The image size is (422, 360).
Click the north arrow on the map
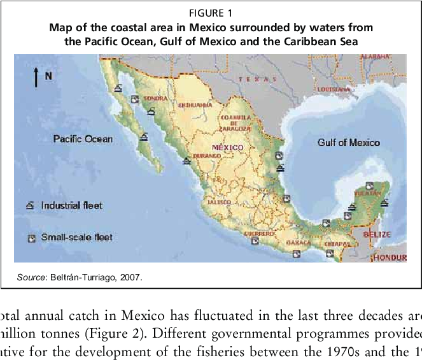pos(36,76)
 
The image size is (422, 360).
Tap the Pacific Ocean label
pos(83,139)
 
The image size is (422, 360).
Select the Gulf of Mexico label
pos(348,143)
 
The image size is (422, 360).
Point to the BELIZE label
pos(376,234)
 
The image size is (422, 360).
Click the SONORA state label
pos(155,99)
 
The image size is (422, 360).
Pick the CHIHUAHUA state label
pos(195,104)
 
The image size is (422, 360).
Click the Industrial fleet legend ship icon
pos(30,206)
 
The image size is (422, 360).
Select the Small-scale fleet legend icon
pos(30,238)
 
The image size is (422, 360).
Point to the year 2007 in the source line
pos(131,277)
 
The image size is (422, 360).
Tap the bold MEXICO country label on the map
pos(227,147)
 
